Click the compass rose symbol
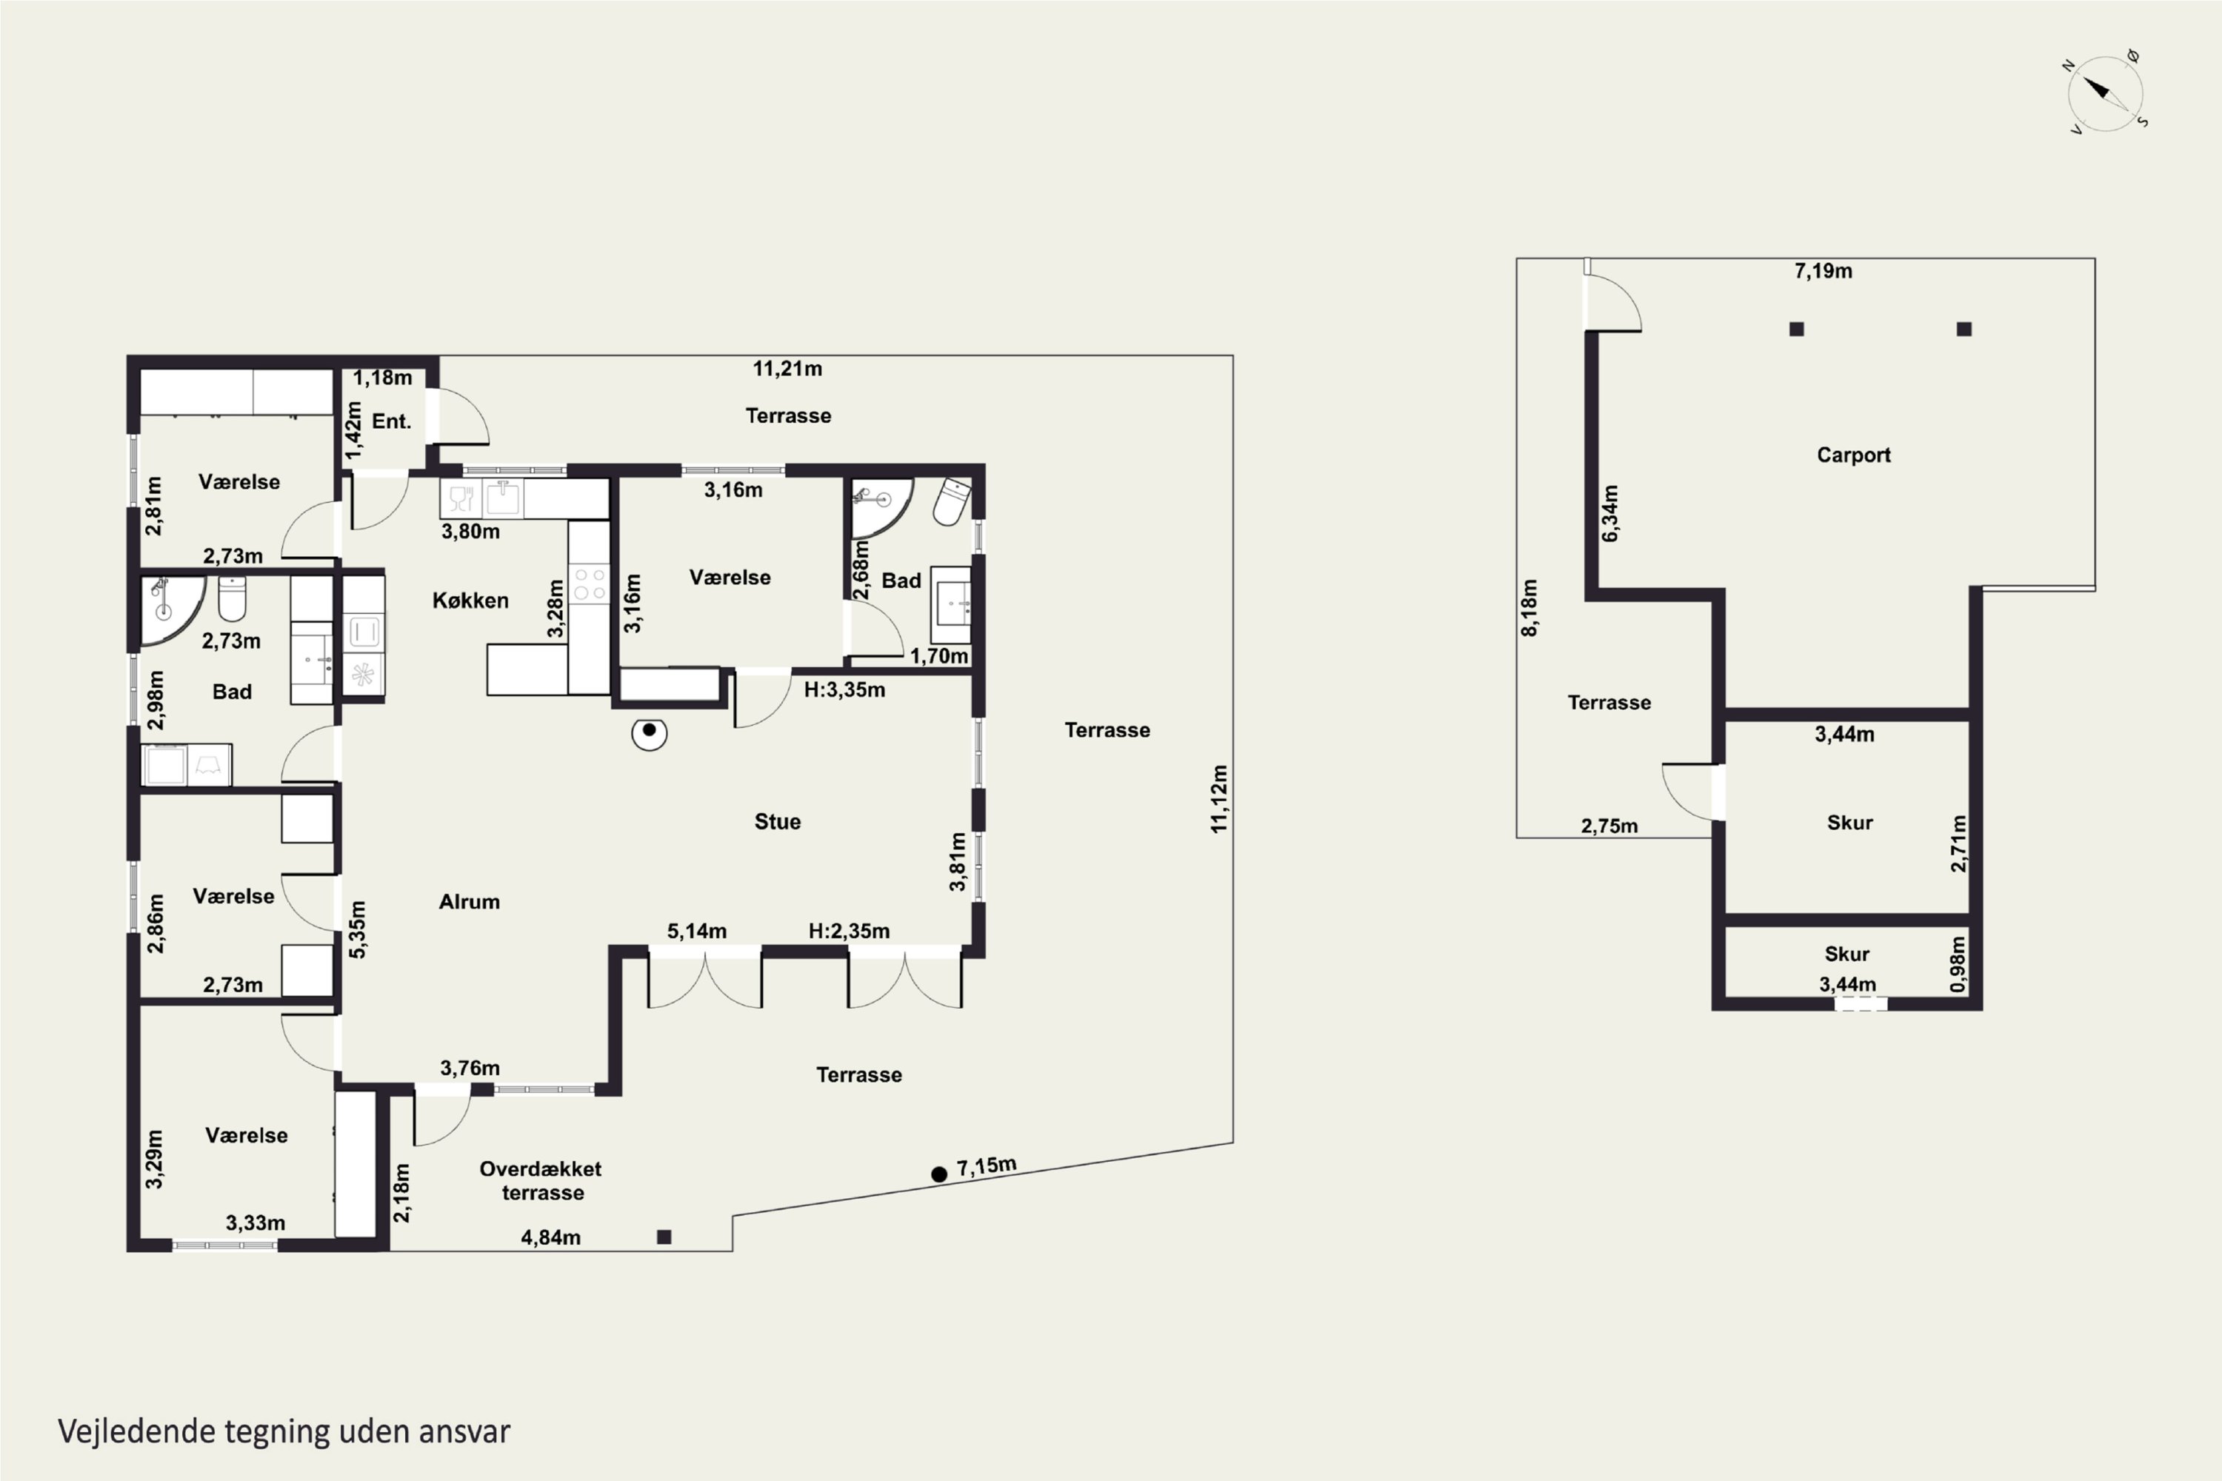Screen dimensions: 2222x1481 (2105, 93)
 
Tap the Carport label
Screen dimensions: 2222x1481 (1854, 455)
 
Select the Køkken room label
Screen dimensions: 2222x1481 (470, 601)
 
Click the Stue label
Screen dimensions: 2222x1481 (778, 822)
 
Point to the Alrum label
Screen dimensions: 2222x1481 (470, 902)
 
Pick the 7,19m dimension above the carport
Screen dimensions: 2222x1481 (1824, 271)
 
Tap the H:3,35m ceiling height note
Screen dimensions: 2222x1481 (844, 690)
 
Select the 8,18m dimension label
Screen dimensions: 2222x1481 (1529, 608)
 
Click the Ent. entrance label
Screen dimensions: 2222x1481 (391, 421)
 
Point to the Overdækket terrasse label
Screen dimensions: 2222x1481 (541, 1180)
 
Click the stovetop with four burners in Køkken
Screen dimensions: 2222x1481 (590, 584)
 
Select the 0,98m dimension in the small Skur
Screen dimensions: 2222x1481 (1958, 964)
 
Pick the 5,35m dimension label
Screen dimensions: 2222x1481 (357, 929)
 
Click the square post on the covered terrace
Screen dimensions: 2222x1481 (664, 1237)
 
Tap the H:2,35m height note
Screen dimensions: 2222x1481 (850, 932)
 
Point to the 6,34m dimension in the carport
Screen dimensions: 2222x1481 (1609, 514)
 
